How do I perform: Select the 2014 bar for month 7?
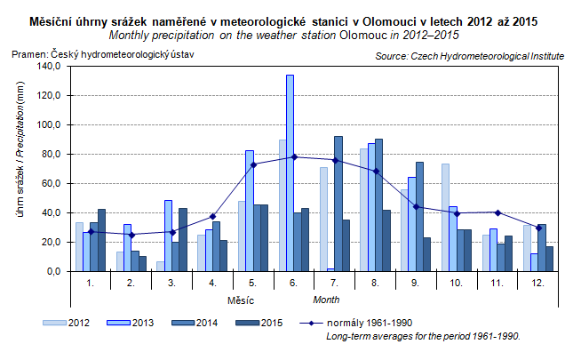(x=338, y=204)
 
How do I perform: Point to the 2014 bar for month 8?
(x=379, y=205)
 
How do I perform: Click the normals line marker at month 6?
(x=294, y=157)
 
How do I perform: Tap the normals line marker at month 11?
(x=497, y=212)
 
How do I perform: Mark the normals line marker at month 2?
(x=131, y=235)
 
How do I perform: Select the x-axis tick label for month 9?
(x=415, y=283)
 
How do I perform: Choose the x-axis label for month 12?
(x=537, y=283)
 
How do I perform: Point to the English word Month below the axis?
(x=326, y=300)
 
